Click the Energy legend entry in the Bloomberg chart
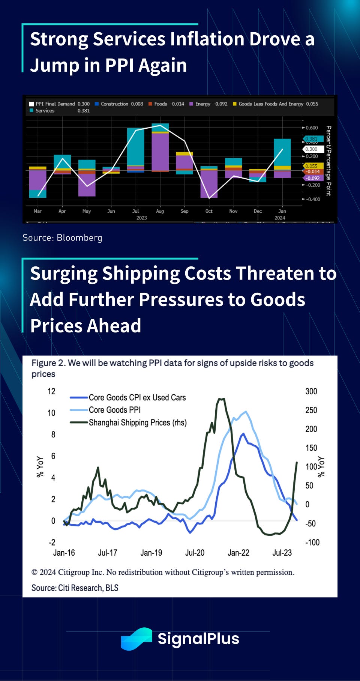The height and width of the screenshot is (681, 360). click(208, 104)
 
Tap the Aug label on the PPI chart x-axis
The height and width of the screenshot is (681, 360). click(160, 211)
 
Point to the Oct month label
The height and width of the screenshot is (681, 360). click(209, 211)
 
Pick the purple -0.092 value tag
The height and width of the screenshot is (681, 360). click(313, 178)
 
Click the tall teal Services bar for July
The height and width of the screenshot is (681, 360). click(136, 146)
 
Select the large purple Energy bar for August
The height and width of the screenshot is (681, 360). click(160, 152)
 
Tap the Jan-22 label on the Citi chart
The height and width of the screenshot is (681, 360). click(238, 553)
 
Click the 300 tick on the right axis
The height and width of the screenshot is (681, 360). click(311, 391)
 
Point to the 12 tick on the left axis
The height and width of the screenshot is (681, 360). click(51, 391)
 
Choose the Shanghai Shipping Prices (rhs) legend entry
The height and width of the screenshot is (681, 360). click(137, 422)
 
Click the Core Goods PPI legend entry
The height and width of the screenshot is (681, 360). click(114, 410)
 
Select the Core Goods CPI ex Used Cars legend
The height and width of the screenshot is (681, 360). click(137, 397)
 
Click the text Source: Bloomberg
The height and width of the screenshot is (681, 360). click(62, 238)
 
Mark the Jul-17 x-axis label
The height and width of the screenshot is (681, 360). click(108, 553)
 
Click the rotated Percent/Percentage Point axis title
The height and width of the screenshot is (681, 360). click(328, 161)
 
